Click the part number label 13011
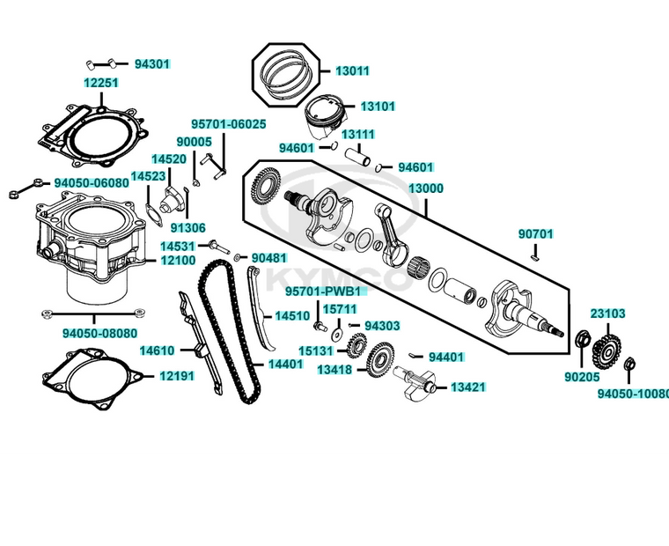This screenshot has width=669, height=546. pos(352,71)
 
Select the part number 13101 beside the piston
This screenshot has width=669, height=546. pos(379,107)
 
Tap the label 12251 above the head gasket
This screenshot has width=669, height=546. pos(101,83)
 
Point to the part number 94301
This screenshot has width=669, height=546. pos(151,64)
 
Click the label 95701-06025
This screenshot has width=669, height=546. pos(228,124)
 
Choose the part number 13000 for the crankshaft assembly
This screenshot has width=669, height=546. pos(425,188)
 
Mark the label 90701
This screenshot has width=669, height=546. pos(535,234)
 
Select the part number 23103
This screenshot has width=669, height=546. pos(607,314)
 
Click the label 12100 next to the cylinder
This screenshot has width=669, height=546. pos(177,261)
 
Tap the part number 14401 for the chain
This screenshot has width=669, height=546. pos(285,364)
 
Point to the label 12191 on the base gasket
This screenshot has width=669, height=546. pos(177,376)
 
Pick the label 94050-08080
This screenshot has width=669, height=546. pos(99,334)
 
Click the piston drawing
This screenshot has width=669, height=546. pos(322,117)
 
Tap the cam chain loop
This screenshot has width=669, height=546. pos(229,335)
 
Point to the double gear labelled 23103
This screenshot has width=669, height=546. pos(604,347)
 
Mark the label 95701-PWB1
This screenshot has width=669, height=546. pos(322,291)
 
